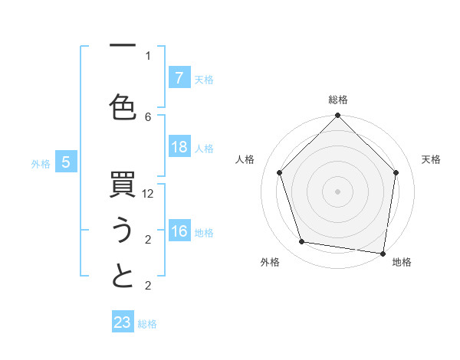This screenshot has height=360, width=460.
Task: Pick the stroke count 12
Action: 149,194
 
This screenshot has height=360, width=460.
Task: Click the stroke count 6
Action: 148,116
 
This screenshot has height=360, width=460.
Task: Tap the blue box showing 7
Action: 179,77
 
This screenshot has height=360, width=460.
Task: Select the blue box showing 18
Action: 179,147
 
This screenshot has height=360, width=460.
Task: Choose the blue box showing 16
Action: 179,231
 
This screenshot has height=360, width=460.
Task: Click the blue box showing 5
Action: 67,162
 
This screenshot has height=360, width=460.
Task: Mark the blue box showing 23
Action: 123,322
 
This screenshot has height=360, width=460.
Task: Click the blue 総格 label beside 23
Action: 147,324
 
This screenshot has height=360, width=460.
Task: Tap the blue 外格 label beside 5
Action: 41,163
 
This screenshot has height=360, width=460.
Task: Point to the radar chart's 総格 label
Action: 338,100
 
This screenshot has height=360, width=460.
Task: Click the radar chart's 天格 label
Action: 432,159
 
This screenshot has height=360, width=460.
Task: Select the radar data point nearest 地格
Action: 383,253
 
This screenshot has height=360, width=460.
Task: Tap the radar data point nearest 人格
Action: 279,172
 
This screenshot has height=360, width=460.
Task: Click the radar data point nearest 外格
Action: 302,242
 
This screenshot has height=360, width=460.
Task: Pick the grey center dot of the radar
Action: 338,191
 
